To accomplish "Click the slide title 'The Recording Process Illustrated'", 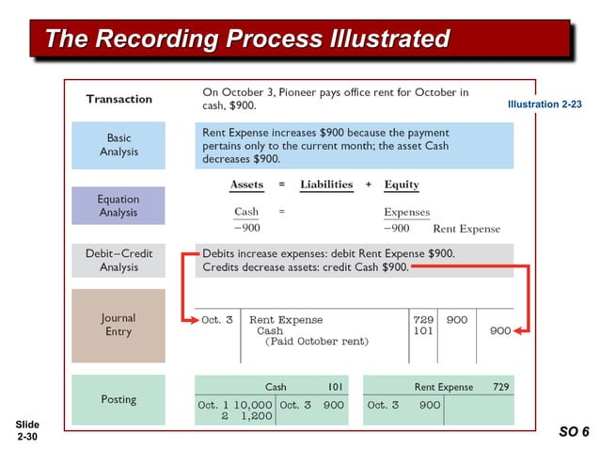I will [247, 39].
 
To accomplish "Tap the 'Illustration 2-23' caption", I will [545, 104].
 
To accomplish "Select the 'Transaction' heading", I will [119, 99].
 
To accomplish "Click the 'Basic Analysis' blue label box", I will [118, 145].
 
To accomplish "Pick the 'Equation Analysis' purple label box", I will [118, 205].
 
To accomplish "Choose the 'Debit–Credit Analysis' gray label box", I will [118, 261].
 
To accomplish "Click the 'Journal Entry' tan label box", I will [118, 325].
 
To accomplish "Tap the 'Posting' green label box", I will [118, 399].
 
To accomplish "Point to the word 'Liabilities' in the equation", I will [326, 185].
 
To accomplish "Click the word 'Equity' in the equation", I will [402, 185].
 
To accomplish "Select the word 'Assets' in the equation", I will [247, 185].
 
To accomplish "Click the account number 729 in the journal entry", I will [423, 320].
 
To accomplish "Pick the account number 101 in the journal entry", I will [423, 331].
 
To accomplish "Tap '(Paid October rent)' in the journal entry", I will [317, 342].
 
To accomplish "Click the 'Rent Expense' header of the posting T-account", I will [444, 387].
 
